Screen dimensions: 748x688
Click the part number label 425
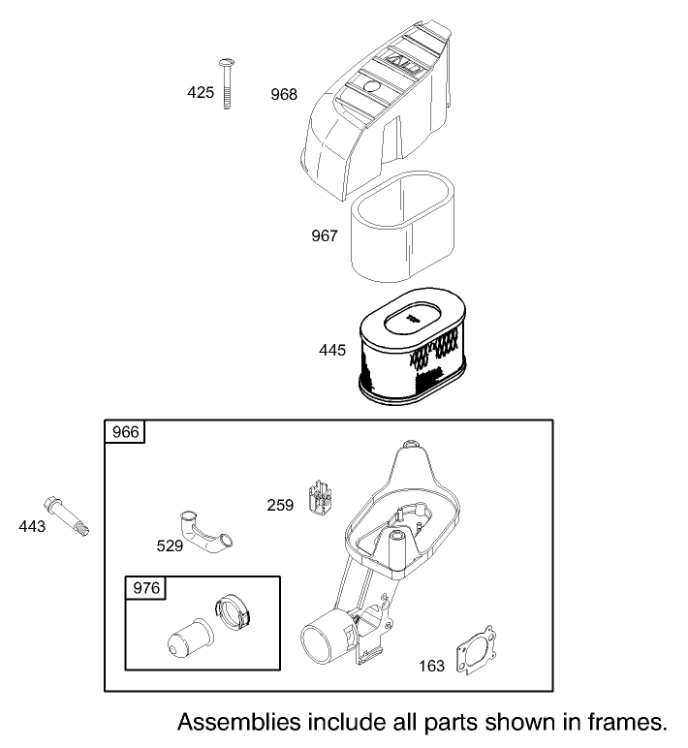coord(200,92)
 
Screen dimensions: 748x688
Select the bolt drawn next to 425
coord(227,83)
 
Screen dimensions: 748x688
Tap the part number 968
coord(284,94)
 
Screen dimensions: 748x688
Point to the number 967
coord(324,235)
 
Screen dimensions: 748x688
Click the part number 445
coord(332,350)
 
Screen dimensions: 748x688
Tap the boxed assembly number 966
coord(125,433)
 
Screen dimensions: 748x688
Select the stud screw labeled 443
coord(67,514)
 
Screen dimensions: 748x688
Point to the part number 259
coord(281,504)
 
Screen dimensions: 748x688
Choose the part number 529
coord(171,545)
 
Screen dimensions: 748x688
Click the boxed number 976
coord(145,588)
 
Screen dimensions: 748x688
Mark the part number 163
coord(433,666)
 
